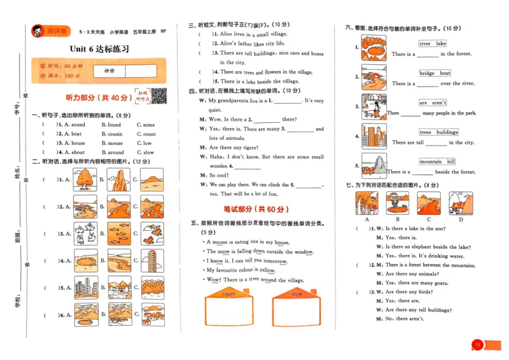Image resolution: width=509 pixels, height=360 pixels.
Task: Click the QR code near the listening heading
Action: coord(158,97)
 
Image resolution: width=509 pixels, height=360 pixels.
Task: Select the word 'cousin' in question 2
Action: coord(115,134)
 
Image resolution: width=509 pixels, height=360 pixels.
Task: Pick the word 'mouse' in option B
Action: coord(115,143)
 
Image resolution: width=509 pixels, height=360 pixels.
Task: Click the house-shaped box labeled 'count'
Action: coord(228,308)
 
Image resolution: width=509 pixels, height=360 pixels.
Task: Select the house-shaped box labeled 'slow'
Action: coord(296,308)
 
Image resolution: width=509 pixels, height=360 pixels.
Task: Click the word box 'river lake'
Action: coord(433,44)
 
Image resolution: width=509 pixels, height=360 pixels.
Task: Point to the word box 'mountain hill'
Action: coord(437,162)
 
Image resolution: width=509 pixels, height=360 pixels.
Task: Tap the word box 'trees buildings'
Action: coord(438,132)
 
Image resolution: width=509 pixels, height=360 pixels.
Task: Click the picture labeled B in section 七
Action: coord(397,203)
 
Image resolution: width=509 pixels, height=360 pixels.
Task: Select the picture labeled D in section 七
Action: coord(460,203)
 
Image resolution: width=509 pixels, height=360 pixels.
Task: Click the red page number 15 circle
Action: coord(477,345)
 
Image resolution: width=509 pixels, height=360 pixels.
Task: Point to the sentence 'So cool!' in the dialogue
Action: coord(219,175)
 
